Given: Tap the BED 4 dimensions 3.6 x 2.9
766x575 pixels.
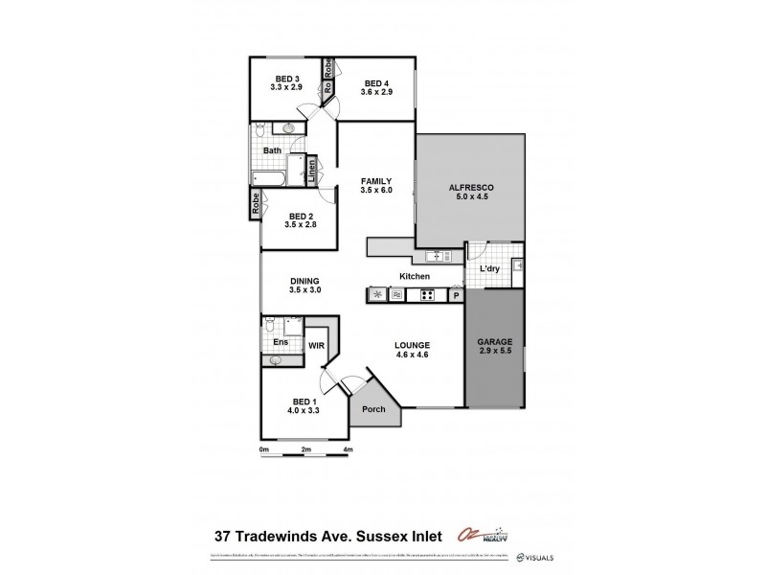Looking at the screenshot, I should (374, 91).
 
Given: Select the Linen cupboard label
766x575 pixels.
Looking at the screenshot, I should (311, 172).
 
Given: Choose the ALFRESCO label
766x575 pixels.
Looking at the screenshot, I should (469, 189).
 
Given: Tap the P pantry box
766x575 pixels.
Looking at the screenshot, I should (456, 295).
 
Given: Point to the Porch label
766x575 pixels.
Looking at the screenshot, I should (374, 409).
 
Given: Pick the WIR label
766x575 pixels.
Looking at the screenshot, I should (316, 345).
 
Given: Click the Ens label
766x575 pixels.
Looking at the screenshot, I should (281, 341).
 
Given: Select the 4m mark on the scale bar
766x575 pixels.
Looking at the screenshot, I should (349, 448).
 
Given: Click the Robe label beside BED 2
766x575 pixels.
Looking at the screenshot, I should (256, 203).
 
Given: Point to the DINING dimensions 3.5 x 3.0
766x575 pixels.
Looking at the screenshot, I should (305, 289).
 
